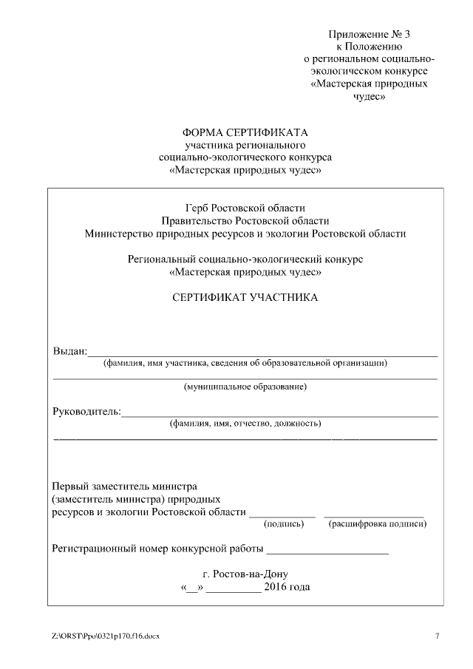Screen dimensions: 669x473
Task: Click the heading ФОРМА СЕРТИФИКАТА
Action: point(245,132)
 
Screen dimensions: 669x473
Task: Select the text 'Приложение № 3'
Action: point(368,35)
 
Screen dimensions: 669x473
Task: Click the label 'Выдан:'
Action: point(69,350)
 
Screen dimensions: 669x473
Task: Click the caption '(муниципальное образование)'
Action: point(245,387)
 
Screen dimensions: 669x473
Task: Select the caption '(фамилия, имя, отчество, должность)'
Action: point(245,424)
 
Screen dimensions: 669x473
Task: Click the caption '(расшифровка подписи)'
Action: point(377,524)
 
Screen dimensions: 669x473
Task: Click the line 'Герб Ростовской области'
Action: point(245,208)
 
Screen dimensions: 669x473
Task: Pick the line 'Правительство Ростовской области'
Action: point(245,220)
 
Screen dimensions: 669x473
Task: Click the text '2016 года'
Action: point(287,588)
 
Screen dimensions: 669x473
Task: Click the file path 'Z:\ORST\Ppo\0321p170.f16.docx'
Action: point(105,636)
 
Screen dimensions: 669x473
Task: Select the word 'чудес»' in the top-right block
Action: point(368,96)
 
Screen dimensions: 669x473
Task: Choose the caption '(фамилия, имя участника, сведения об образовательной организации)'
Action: point(245,363)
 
